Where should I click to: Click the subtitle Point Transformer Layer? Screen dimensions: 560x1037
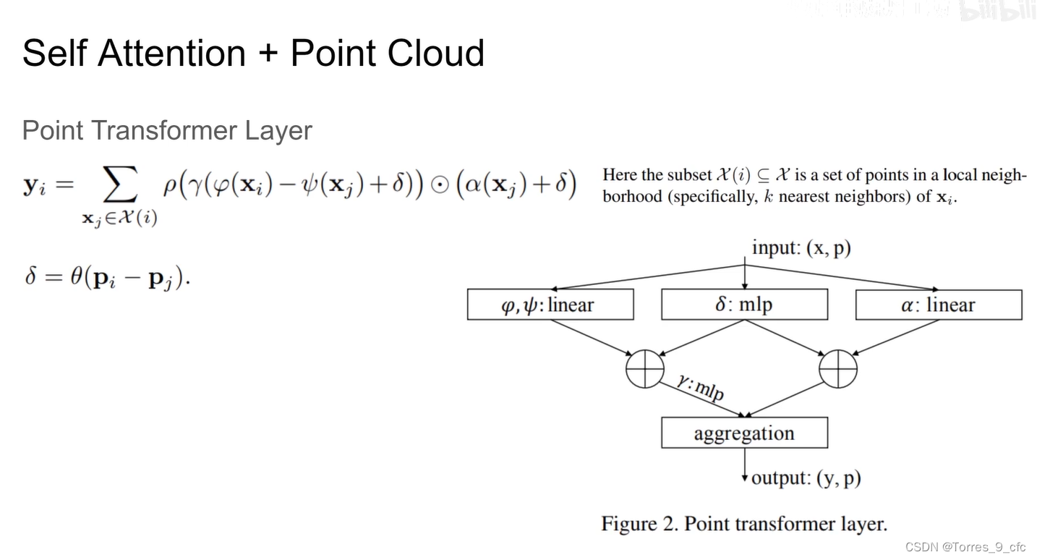click(x=167, y=131)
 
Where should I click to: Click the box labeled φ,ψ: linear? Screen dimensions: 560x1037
click(x=550, y=305)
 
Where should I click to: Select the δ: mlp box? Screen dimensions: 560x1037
click(x=744, y=305)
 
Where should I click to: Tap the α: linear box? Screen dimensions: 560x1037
click(x=938, y=305)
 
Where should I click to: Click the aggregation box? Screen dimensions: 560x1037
click(x=744, y=433)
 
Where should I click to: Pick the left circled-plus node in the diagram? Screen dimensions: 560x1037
click(x=644, y=369)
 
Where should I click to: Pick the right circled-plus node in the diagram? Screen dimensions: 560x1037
click(x=838, y=369)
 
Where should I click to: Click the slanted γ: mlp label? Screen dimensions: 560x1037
click(x=699, y=387)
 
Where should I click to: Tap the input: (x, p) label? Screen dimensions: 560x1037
click(x=801, y=248)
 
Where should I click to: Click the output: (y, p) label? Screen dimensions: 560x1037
click(x=806, y=478)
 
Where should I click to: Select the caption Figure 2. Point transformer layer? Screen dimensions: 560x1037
click(x=743, y=523)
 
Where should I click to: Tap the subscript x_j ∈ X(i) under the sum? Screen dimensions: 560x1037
click(x=119, y=219)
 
